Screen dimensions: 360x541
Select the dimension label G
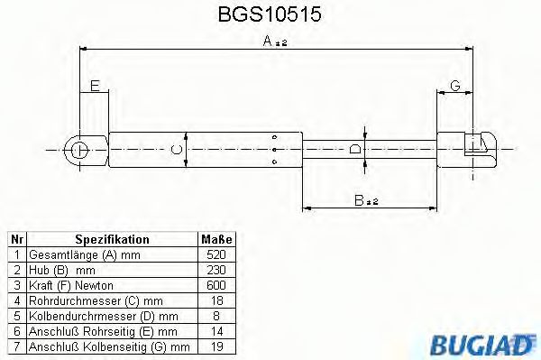pyautogui.click(x=455, y=86)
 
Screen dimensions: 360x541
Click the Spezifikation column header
pyautogui.click(x=112, y=239)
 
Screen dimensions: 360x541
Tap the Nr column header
pyautogui.click(x=16, y=239)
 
